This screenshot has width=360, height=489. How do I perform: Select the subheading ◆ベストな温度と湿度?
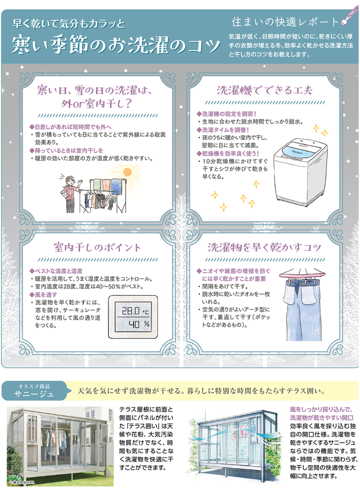coord(55,271)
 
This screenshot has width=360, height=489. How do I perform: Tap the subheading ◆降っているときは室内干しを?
coord(66,150)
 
